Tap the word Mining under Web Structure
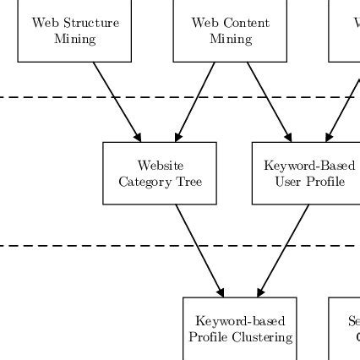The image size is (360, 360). point(74,39)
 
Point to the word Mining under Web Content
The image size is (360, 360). point(230,39)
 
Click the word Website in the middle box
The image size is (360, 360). point(161,166)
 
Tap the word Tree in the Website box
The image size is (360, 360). point(189,182)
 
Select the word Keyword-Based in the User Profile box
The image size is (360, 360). point(309,166)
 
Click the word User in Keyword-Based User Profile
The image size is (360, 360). point(287,182)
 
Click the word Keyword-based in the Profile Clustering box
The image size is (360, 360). point(240,321)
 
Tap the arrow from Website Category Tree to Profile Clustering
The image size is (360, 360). point(200,251)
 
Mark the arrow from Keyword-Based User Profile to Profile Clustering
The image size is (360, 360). point(284,251)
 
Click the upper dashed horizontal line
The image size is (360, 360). point(51,96)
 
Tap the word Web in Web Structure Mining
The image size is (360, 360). point(42,24)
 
